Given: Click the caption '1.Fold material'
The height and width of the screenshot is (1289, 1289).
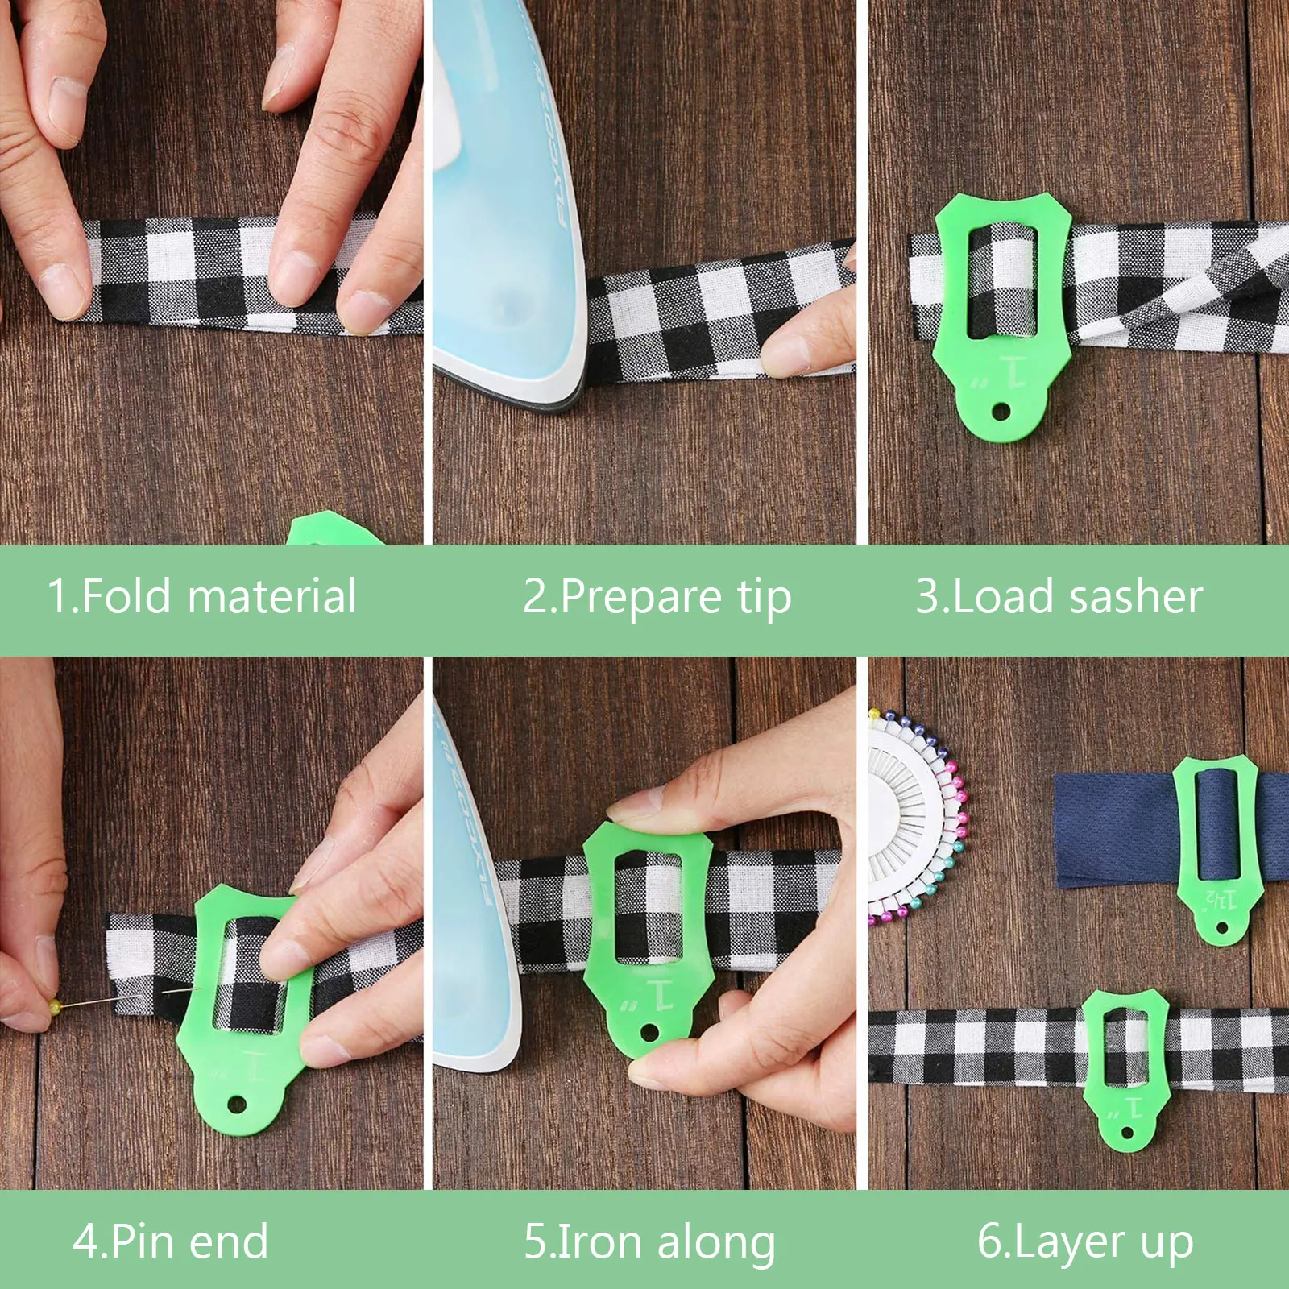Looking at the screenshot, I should click(x=201, y=597).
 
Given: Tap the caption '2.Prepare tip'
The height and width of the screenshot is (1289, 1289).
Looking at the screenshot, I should click(x=657, y=597).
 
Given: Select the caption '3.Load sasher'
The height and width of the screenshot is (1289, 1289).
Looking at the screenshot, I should click(x=1059, y=597).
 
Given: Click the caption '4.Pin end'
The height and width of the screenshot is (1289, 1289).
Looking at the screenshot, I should click(x=170, y=1241).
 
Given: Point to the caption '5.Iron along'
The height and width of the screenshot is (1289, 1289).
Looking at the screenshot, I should click(x=649, y=1241).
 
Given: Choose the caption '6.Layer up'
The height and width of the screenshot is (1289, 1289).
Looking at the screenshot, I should click(x=1084, y=1241).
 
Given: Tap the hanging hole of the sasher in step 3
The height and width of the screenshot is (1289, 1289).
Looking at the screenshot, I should click(x=1001, y=412).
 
